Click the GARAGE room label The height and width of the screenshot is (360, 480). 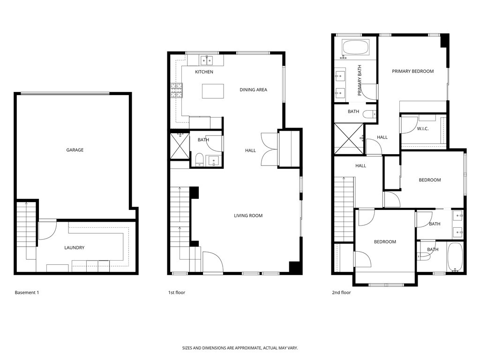coord(75,150)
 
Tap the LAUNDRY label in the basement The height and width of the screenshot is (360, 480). coord(75,247)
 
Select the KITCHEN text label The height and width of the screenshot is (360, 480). coord(204,72)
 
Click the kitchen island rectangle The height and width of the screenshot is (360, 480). coord(213,91)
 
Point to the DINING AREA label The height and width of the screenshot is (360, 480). coord(253,90)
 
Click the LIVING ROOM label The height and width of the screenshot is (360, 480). coord(248,216)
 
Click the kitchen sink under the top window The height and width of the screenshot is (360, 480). coord(207,60)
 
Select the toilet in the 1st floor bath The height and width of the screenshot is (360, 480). coord(199,160)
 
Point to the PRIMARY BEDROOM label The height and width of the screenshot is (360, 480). coord(412,71)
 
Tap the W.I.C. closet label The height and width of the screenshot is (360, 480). coord(423,129)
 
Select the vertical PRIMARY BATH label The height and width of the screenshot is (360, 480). coord(360,81)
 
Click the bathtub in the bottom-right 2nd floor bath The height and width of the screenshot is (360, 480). coord(454,257)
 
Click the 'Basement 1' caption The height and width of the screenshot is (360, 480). coord(27,292)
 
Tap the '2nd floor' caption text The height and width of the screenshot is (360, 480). coord(341,292)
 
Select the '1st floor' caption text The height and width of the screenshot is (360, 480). coord(177,292)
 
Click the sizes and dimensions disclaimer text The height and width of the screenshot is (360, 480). coord(240,348)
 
